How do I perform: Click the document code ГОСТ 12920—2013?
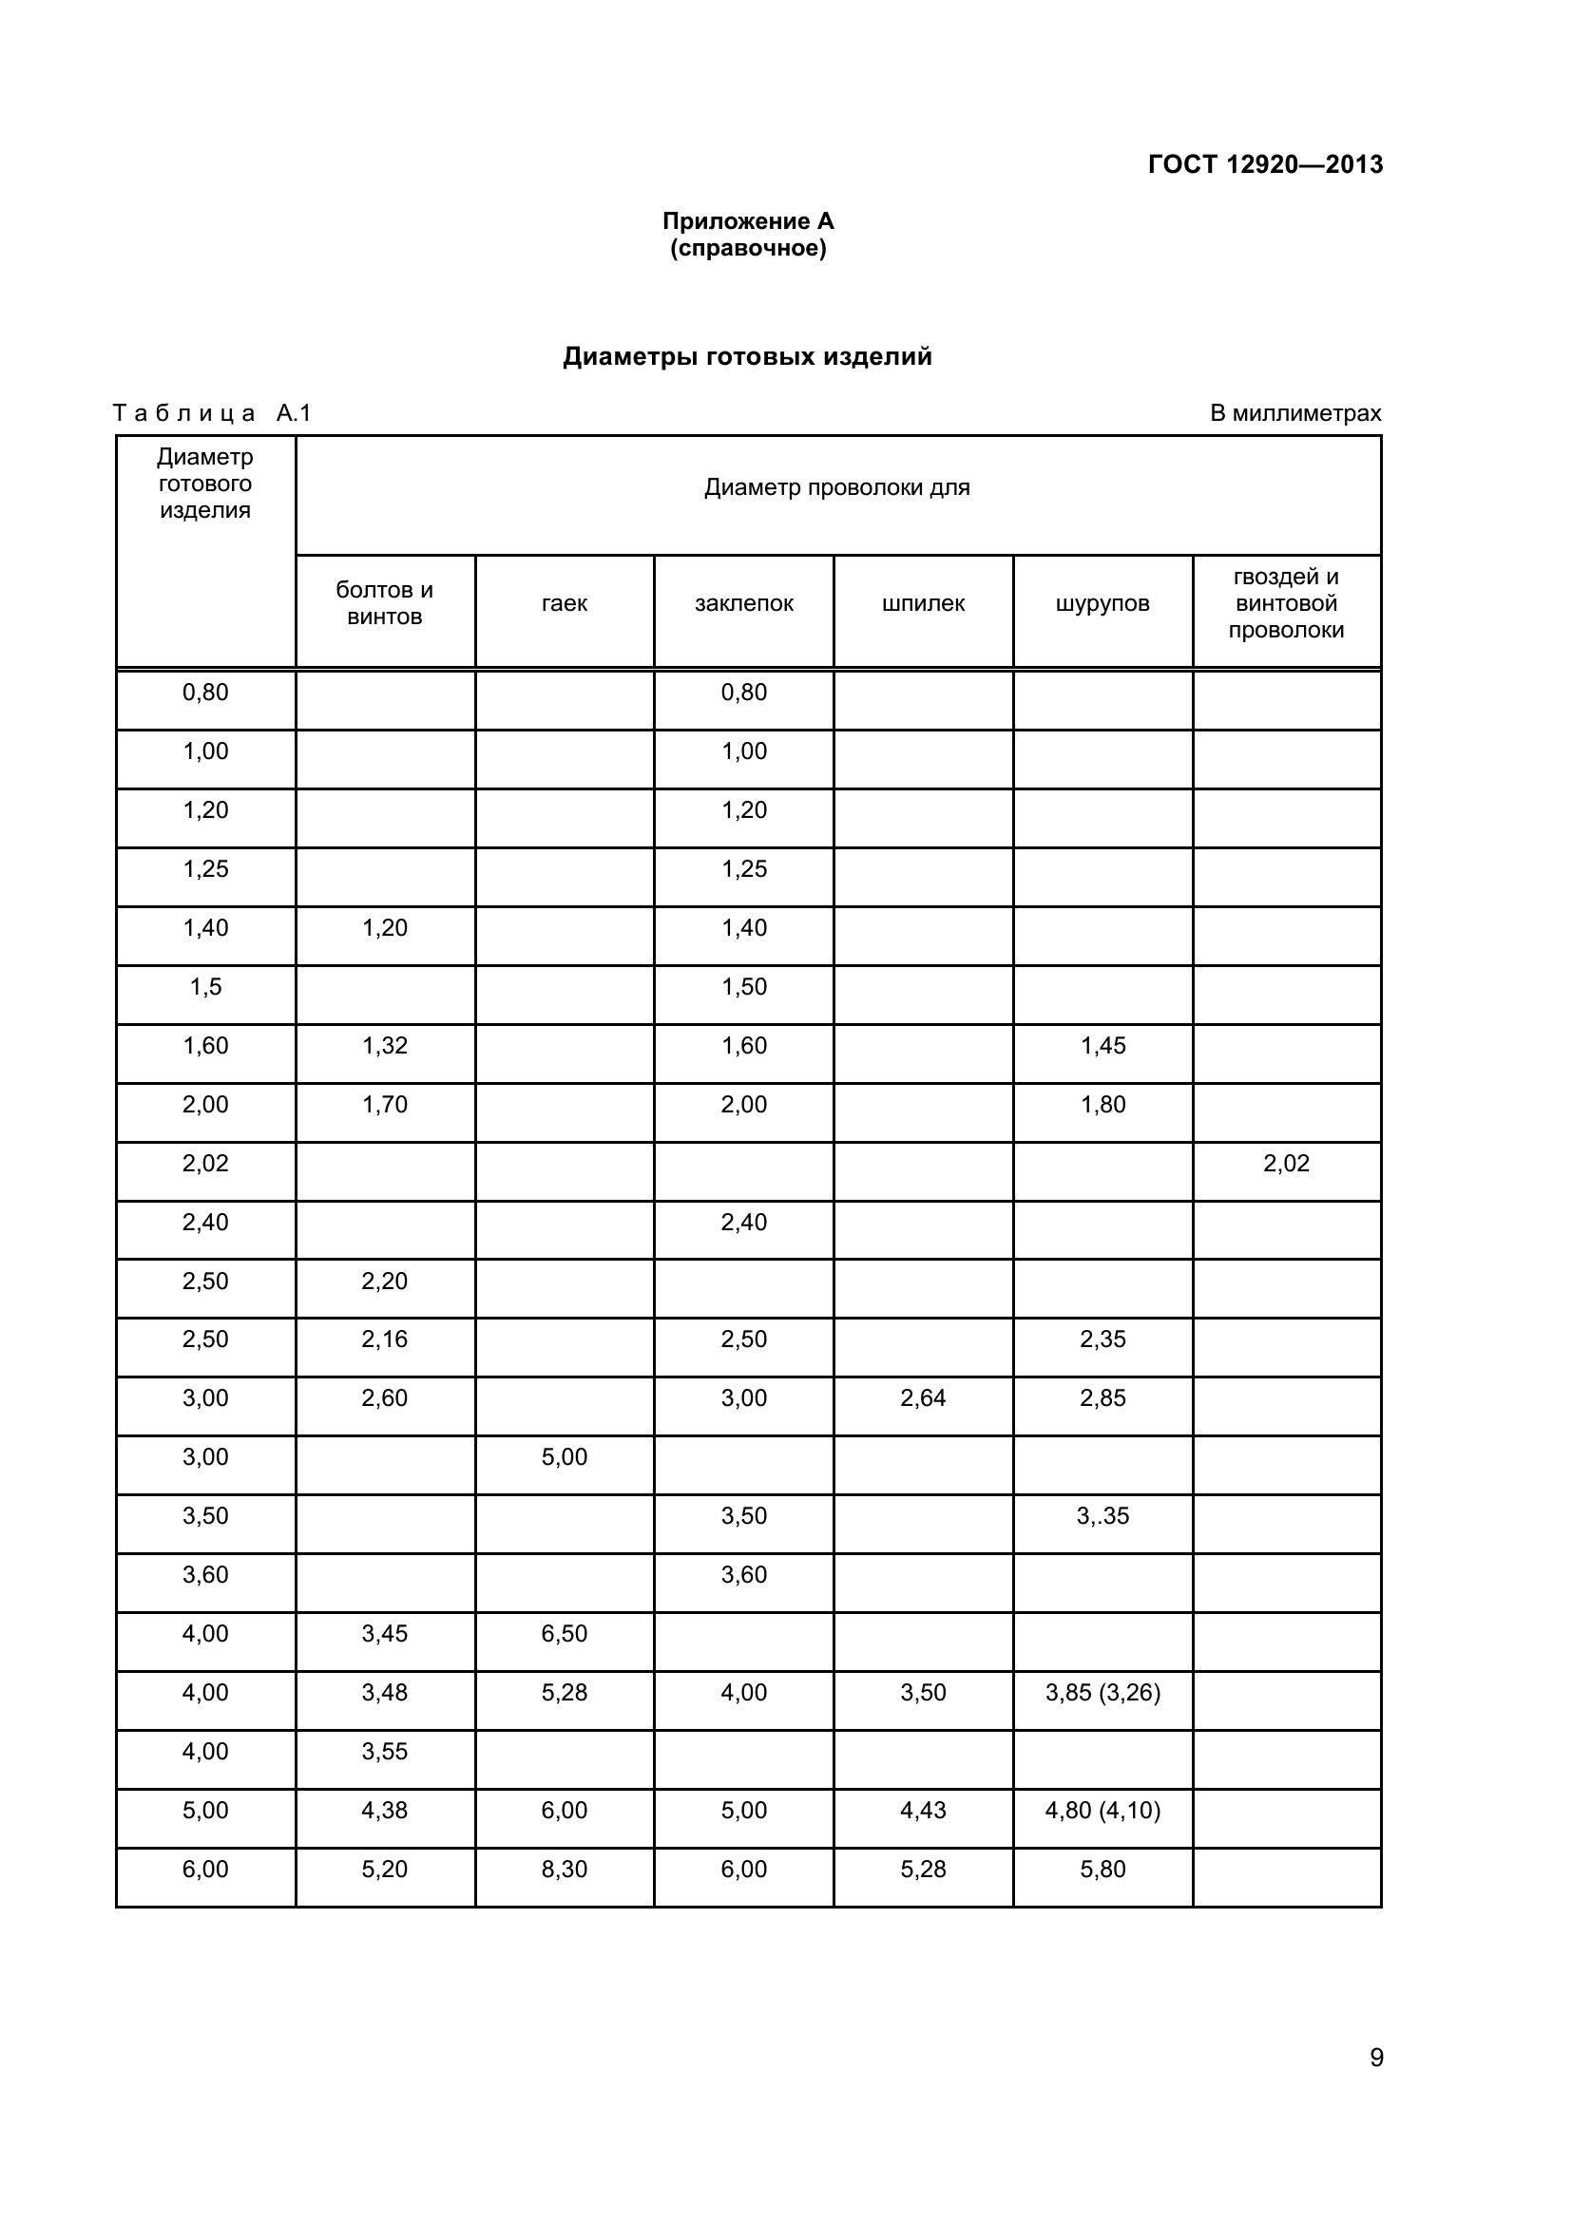(x=1265, y=164)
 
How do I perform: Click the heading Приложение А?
(x=747, y=221)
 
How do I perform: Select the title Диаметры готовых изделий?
(x=747, y=357)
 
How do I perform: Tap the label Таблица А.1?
(x=212, y=413)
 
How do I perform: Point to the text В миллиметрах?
(x=1295, y=413)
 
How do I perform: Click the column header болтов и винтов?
(x=384, y=603)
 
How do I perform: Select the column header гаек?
(x=565, y=604)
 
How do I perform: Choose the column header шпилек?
(x=923, y=604)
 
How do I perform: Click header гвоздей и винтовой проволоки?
(x=1286, y=604)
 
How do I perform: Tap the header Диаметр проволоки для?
(x=836, y=487)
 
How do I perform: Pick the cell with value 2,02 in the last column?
(x=1286, y=1164)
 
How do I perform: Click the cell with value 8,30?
(x=565, y=1870)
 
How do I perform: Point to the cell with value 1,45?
(x=1102, y=1046)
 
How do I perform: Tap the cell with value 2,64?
(x=923, y=1398)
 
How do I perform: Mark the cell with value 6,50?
(x=565, y=1635)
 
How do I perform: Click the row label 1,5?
(x=205, y=987)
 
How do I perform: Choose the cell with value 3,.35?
(x=1102, y=1516)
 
